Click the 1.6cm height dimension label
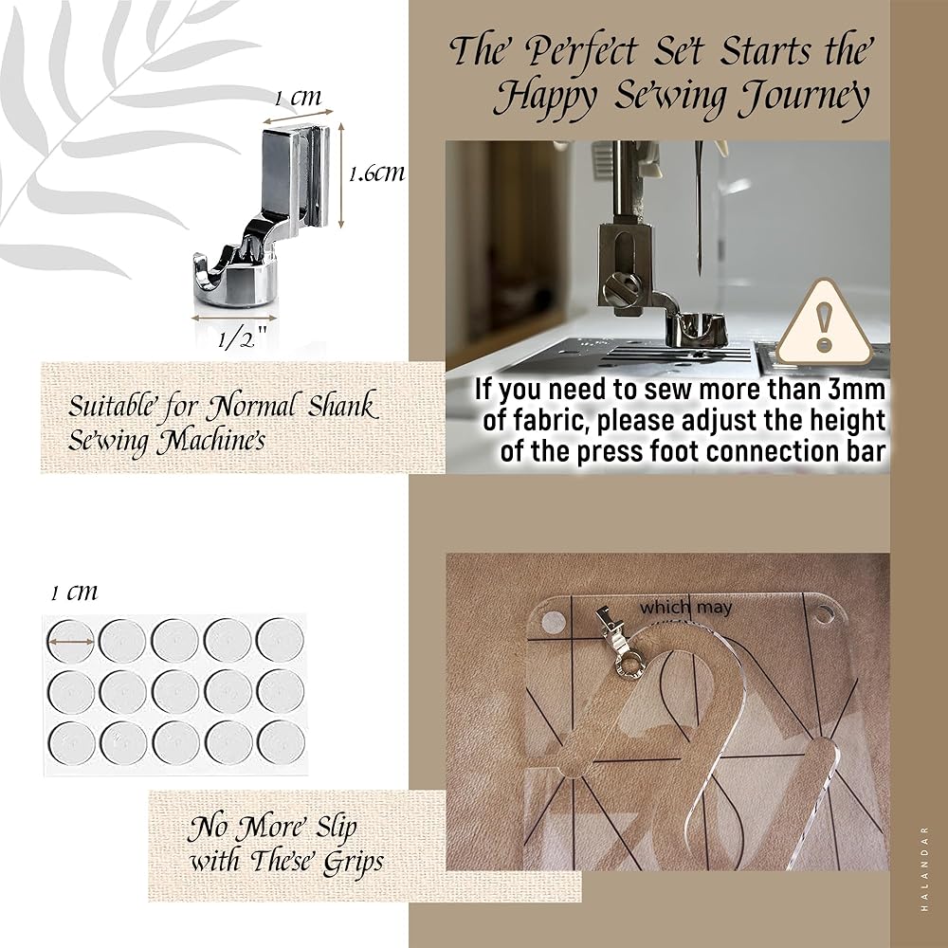376,174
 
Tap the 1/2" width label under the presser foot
242,339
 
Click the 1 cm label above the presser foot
298,98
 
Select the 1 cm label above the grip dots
74,592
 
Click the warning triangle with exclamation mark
824,323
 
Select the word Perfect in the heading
581,51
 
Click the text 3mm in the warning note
856,390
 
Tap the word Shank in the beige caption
343,407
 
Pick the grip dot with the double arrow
71,641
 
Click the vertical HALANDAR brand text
924,868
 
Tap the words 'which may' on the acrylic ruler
685,607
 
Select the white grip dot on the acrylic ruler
552,620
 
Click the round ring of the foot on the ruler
629,666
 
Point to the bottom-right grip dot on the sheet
281,742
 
